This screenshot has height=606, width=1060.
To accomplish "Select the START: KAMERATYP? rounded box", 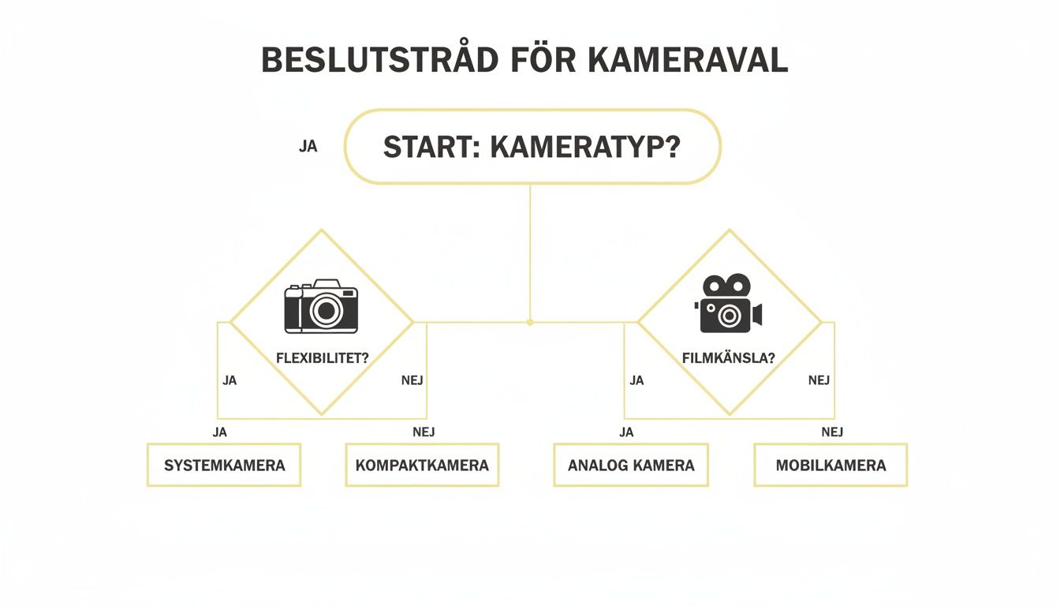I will pyautogui.click(x=532, y=148).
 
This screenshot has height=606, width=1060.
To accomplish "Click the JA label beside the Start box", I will pyautogui.click(x=308, y=147).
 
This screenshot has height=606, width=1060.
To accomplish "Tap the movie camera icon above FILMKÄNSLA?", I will pyautogui.click(x=729, y=304).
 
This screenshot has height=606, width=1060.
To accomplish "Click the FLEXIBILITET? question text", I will pyautogui.click(x=322, y=357).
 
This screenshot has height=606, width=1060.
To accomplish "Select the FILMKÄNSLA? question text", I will pyautogui.click(x=729, y=357).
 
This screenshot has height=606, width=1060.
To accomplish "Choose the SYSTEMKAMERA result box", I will pyautogui.click(x=224, y=465).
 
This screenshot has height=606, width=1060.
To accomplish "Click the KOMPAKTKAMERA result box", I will pyautogui.click(x=422, y=465).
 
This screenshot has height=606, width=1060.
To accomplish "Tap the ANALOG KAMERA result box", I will pyautogui.click(x=631, y=465).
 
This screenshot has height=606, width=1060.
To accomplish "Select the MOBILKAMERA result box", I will pyautogui.click(x=830, y=465).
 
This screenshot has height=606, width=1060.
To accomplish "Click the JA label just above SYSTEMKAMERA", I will pyautogui.click(x=220, y=432).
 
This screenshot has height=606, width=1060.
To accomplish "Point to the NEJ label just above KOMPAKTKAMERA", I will pyautogui.click(x=424, y=432).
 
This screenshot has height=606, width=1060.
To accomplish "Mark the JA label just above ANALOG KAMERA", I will pyautogui.click(x=627, y=432).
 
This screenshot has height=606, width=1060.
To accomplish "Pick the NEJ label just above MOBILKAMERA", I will pyautogui.click(x=832, y=432).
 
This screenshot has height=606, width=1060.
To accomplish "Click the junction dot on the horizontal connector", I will pyautogui.click(x=530, y=322).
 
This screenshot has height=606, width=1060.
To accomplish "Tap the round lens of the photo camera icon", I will pyautogui.click(x=326, y=311).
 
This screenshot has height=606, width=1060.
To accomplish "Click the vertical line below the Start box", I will pyautogui.click(x=530, y=252).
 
